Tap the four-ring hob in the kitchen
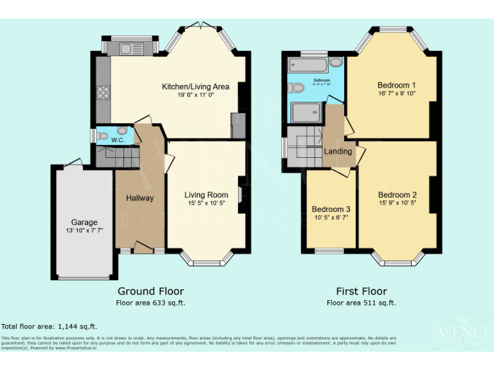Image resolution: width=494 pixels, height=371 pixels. pyautogui.click(x=102, y=93)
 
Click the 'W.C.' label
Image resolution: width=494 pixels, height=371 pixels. pyautogui.click(x=118, y=140)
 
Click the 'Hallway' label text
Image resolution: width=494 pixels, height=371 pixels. pyautogui.click(x=140, y=198)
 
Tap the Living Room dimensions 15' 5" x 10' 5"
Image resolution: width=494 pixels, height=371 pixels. pyautogui.click(x=206, y=204)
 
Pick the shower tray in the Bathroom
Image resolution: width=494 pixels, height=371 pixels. pyautogui.click(x=307, y=113)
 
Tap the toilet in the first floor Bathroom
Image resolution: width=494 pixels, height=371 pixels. pyautogui.click(x=297, y=88)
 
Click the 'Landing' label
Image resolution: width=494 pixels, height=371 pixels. pyautogui.click(x=338, y=151)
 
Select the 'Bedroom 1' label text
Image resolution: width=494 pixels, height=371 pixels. pyautogui.click(x=396, y=84)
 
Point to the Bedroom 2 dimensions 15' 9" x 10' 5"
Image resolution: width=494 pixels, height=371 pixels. pyautogui.click(x=397, y=204)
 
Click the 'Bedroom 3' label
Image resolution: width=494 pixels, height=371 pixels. pyautogui.click(x=331, y=209)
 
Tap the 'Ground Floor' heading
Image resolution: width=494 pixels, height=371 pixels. pyautogui.click(x=150, y=291)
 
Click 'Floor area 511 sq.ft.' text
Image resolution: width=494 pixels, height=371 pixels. pyautogui.click(x=361, y=303)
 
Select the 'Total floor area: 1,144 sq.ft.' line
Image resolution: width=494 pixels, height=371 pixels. pyautogui.click(x=50, y=327)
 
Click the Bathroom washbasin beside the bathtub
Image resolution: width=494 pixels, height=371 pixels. pyautogui.click(x=336, y=62)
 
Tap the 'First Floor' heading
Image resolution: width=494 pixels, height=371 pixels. pyautogui.click(x=361, y=291)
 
